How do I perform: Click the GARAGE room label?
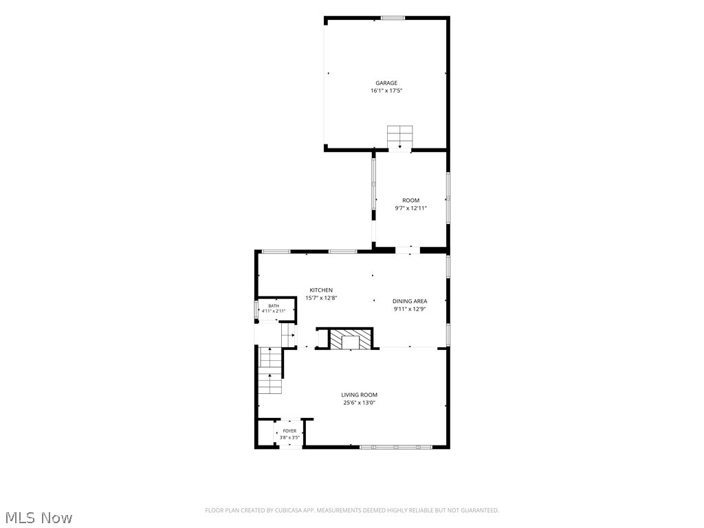(386, 83)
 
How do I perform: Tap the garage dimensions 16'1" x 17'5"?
(386, 91)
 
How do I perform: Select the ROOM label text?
(411, 201)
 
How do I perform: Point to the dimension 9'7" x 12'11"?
(411, 208)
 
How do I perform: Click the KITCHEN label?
(321, 291)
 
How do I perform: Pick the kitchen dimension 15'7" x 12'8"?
(321, 298)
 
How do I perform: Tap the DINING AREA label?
(410, 301)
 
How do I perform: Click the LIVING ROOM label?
(359, 395)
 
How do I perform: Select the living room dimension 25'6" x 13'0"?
(359, 403)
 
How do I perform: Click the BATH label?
(274, 306)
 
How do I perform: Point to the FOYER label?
(289, 431)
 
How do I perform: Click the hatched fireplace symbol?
(351, 339)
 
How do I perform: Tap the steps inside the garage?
(400, 137)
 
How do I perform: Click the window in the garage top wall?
(393, 18)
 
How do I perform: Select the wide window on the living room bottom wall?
(396, 447)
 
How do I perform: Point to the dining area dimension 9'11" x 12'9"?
(410, 309)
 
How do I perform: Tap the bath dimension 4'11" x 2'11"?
(274, 311)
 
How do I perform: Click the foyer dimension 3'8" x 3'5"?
(289, 437)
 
